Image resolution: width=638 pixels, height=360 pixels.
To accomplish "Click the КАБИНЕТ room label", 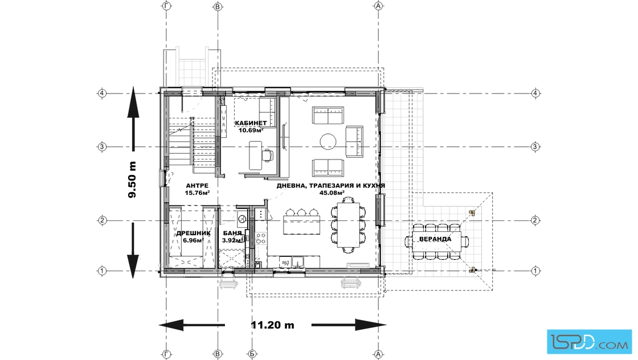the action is click(x=251, y=123).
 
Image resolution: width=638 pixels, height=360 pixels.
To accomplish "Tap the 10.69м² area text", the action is click(x=251, y=130).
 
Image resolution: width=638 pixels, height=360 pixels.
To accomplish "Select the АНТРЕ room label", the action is click(x=197, y=186).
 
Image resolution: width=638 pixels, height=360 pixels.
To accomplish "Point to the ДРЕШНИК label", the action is click(x=193, y=234).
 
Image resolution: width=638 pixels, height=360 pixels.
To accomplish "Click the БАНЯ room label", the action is click(x=232, y=234).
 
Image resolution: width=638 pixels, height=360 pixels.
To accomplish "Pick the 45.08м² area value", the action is click(x=332, y=193).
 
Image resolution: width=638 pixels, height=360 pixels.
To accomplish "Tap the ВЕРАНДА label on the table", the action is click(x=435, y=239).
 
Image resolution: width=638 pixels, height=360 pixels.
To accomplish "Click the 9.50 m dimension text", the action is click(x=132, y=179).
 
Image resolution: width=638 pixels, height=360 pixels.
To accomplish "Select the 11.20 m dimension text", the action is click(x=273, y=325).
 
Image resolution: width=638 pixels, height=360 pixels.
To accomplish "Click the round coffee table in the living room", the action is click(x=328, y=142).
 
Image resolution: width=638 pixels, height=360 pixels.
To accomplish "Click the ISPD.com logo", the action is click(x=589, y=342).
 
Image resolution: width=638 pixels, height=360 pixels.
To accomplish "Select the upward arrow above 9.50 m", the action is click(x=133, y=118).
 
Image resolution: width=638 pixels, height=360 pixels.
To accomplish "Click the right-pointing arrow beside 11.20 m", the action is click(x=349, y=325).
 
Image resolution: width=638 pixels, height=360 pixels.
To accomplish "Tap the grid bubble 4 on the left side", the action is click(x=102, y=93).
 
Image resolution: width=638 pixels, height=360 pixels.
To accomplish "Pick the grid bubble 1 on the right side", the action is click(x=535, y=271).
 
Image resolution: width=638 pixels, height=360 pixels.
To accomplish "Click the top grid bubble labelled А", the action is click(x=379, y=6).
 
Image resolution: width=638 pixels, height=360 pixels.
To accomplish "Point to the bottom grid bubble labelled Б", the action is click(x=252, y=355).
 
